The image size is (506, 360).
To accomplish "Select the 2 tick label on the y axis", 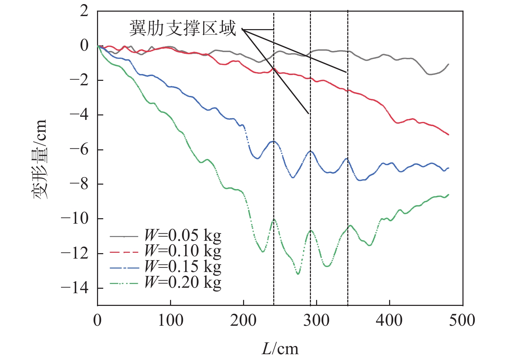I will tap(84, 11).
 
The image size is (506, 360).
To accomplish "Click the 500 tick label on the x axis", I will tap(462, 321).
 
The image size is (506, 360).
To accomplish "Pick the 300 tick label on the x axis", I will tap(316, 321).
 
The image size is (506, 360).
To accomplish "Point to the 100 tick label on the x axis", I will tap(170, 321).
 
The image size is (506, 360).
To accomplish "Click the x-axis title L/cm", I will tap(280, 349).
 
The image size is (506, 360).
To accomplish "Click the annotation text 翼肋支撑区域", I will tap(183, 28).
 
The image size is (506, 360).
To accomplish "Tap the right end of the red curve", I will tap(448, 135).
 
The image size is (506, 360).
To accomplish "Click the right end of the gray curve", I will tap(448, 64).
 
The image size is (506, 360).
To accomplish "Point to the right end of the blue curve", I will tap(448, 168).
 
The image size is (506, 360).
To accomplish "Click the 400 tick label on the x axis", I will tap(389, 321).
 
